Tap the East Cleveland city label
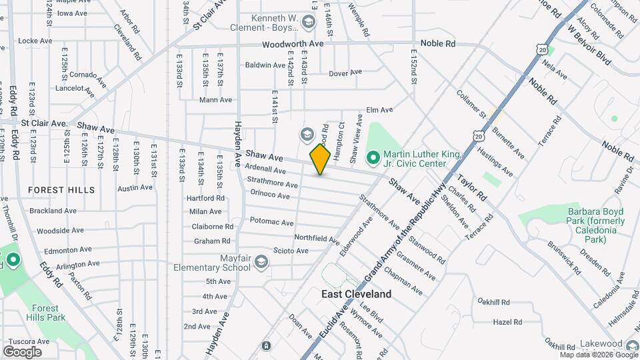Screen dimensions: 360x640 point(356,294)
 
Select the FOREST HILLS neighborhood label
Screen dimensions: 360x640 point(61,190)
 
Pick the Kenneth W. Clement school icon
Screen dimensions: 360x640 point(308,23)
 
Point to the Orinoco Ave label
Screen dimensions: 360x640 point(270,195)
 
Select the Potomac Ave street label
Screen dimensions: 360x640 point(271,222)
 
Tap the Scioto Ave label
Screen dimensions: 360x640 point(291,251)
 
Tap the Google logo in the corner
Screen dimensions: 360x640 point(22,352)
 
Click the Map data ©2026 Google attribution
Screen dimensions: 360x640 point(599,355)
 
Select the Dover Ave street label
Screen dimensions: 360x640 point(345,72)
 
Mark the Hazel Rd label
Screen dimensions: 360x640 point(507,322)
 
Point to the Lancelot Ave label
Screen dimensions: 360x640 point(74,88)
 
